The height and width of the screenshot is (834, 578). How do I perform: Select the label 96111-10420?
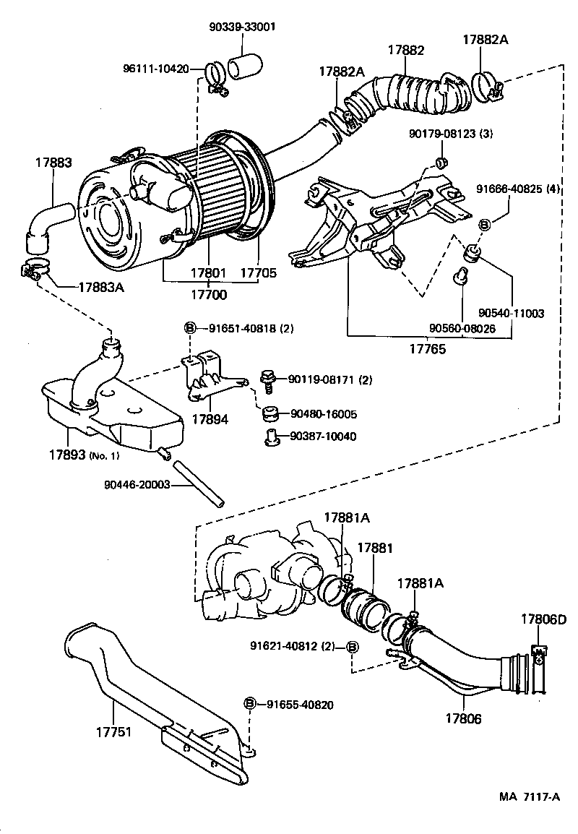click(x=155, y=69)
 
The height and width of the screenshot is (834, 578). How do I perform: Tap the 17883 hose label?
click(x=54, y=163)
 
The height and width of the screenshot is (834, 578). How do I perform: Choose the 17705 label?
click(x=258, y=274)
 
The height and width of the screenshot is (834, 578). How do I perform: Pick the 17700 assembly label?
click(x=208, y=294)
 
